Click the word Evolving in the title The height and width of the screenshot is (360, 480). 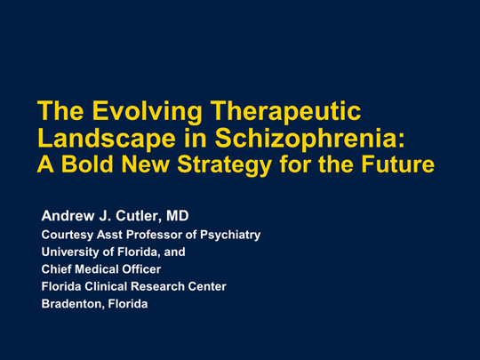147,113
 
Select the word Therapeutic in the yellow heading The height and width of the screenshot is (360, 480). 285,112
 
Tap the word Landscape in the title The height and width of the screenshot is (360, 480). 107,139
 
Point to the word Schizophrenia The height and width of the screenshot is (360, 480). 309,139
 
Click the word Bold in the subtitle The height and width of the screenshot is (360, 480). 87,164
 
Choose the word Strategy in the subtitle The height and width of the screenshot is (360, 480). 224,165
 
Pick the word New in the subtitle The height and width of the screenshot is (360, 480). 145,164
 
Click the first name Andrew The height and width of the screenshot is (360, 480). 68,216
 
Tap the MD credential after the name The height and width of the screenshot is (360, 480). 178,216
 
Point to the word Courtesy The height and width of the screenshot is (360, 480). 68,235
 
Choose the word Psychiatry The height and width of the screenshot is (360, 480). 230,235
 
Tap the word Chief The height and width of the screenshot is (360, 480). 56,269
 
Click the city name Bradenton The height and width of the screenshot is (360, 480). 74,304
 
